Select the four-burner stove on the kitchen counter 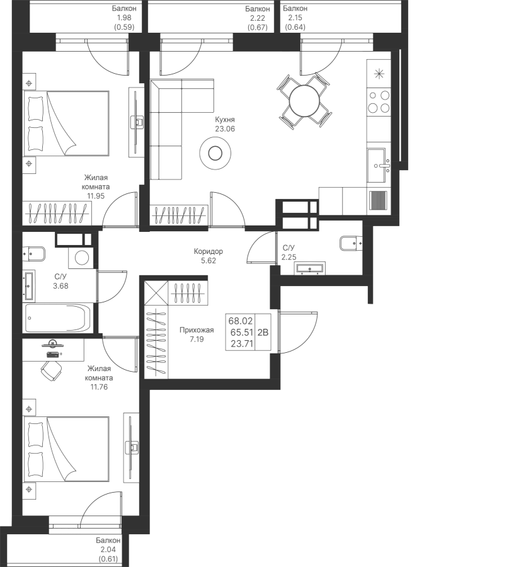coord(379,101)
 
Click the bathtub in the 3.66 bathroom coord(58,318)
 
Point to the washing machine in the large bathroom coord(80,257)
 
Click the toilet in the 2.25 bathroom coord(350,243)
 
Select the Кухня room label coord(224,119)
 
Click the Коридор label coord(208,251)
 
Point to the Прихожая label coord(197,331)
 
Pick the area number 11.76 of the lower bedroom coord(99,387)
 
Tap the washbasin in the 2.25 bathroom coord(310,269)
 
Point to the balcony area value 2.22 coord(257,19)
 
